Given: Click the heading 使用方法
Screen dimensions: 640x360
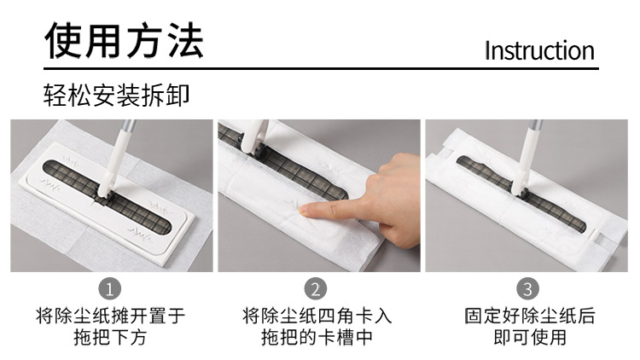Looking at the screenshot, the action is click(x=124, y=40).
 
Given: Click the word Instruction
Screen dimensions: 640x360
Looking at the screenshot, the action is click(x=539, y=51).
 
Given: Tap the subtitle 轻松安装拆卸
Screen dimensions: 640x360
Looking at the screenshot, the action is click(x=116, y=96).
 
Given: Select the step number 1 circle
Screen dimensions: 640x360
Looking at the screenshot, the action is click(x=110, y=288).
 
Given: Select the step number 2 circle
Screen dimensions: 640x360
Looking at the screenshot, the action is click(x=316, y=288).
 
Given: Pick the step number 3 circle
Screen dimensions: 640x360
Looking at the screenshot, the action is click(x=527, y=288).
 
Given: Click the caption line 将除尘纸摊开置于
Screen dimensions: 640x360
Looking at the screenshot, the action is click(x=110, y=316).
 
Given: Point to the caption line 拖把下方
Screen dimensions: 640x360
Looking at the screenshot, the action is click(x=110, y=338).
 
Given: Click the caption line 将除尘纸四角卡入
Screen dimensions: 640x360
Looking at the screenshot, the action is click(x=317, y=316).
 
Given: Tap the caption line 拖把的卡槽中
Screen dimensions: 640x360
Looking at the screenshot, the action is click(x=317, y=338).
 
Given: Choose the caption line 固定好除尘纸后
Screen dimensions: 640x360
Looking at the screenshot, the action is click(x=530, y=316).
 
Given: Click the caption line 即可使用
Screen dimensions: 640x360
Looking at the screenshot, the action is click(x=530, y=338).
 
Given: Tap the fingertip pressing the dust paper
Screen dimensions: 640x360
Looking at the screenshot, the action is click(x=304, y=210).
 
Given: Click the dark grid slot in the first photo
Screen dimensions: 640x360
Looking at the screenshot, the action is click(x=107, y=197).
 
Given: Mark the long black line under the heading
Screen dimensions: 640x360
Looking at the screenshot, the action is click(x=321, y=68).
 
